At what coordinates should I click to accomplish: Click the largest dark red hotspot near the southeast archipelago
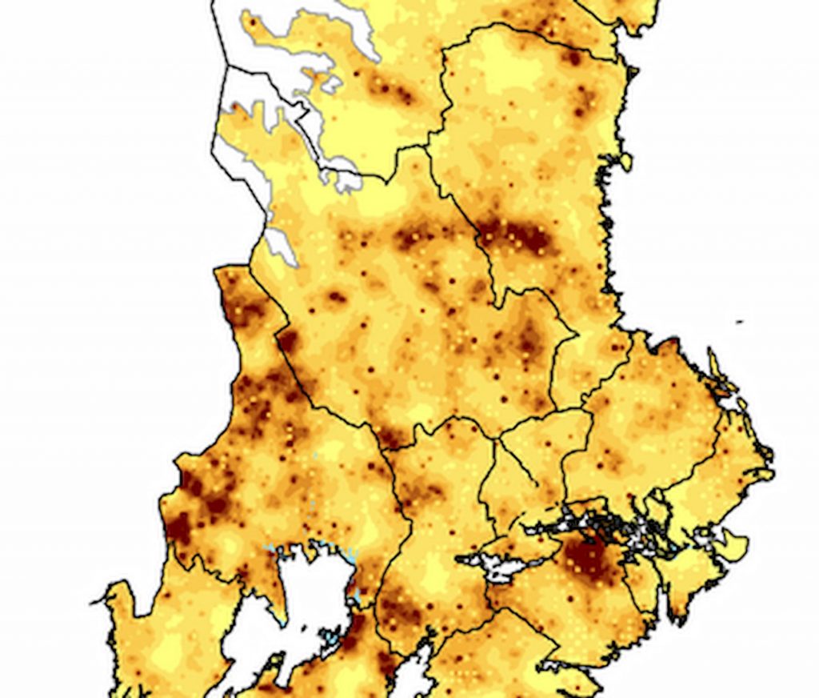[590, 556]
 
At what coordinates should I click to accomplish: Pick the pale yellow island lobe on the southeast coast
[729, 546]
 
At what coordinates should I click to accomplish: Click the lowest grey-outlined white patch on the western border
[280, 245]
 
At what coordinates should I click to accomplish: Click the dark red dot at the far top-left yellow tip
[254, 22]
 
